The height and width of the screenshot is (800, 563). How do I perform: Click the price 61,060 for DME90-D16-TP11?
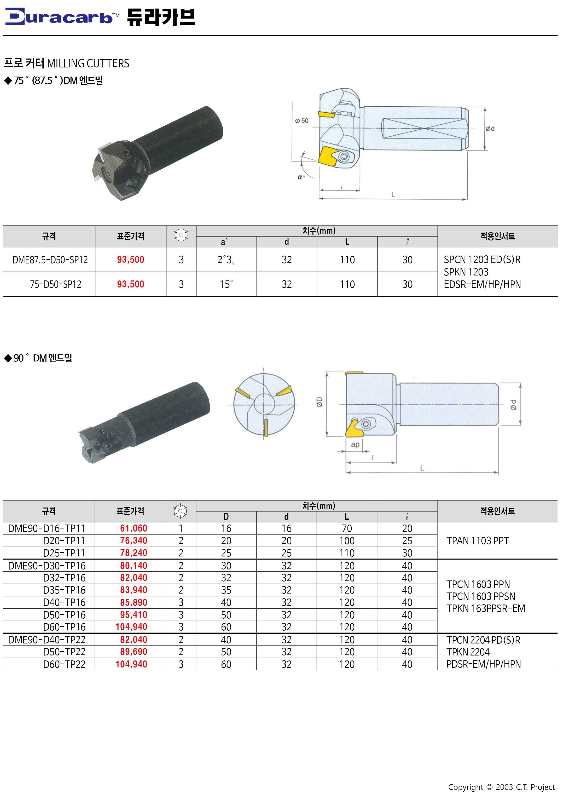[x=134, y=528]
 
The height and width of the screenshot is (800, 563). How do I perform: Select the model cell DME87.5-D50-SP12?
[x=50, y=260]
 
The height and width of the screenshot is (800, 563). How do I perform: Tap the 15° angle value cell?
[x=226, y=284]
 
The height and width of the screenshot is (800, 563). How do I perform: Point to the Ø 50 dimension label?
[x=302, y=120]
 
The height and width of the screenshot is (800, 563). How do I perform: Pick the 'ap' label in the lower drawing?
[x=355, y=445]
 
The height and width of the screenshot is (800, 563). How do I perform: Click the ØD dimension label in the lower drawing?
[x=320, y=402]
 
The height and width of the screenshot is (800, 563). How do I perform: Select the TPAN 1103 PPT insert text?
[x=478, y=541]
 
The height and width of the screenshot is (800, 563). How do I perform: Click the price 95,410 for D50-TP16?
[x=134, y=615]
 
